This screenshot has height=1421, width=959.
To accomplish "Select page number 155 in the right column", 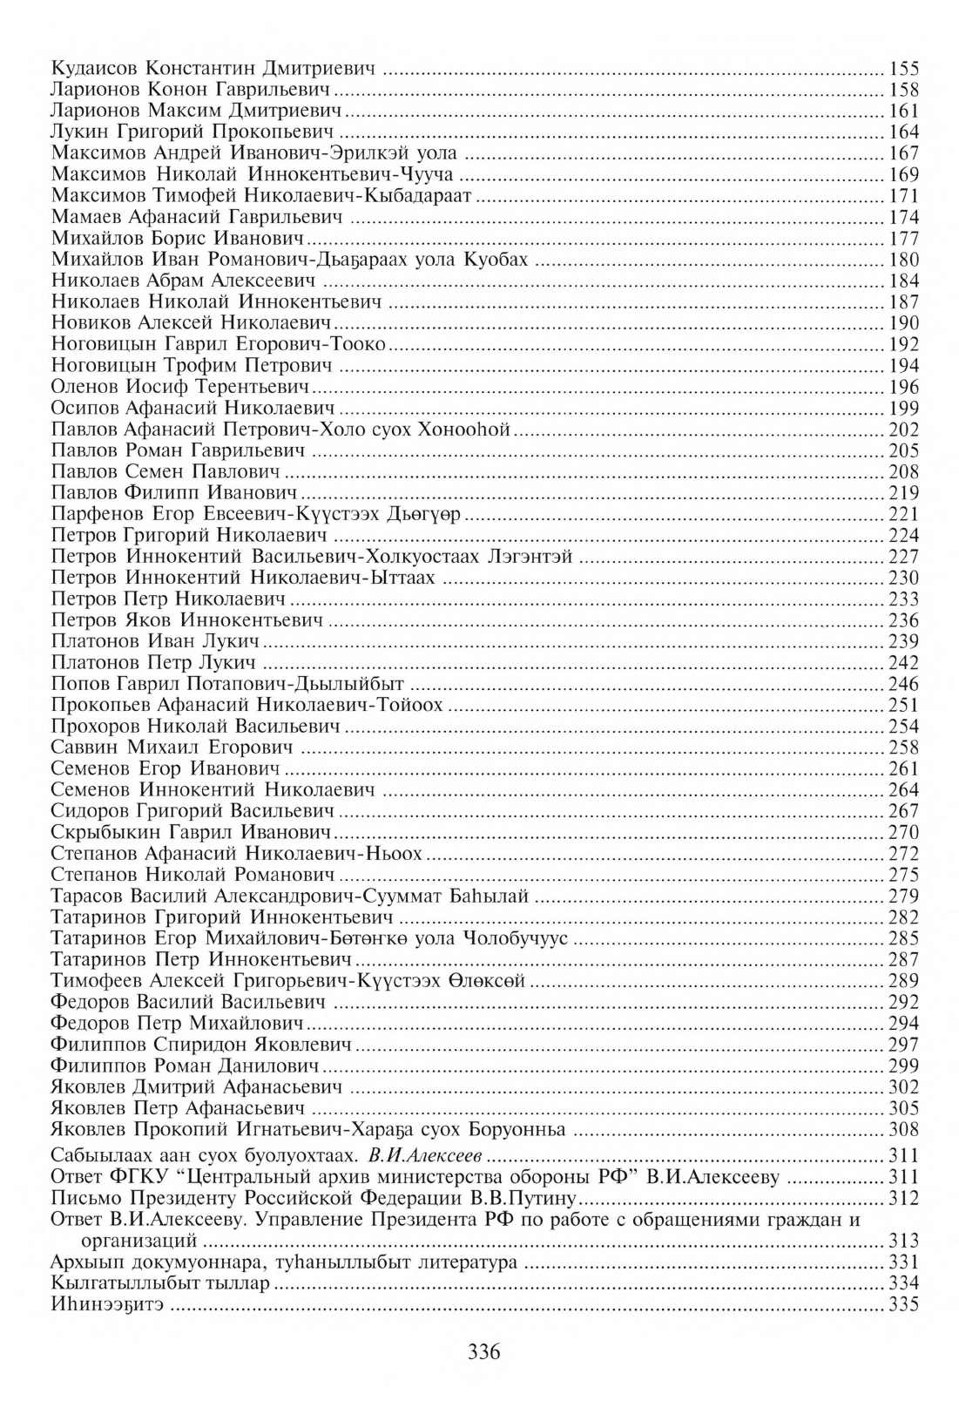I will tap(903, 69).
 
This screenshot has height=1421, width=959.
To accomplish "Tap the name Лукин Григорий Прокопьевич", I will tap(192, 132).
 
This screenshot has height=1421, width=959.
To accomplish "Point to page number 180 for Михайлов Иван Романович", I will tap(903, 260).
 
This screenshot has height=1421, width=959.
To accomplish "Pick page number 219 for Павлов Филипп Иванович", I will tap(903, 493).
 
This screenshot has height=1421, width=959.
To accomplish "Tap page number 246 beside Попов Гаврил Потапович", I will tap(903, 684).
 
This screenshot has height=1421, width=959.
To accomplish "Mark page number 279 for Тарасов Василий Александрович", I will tap(903, 897).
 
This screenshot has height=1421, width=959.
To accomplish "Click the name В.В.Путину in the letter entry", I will tap(528, 1200).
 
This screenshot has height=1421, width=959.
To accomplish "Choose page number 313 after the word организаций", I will tap(903, 1242).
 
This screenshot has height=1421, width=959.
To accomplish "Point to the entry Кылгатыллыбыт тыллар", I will tap(160, 1284).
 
